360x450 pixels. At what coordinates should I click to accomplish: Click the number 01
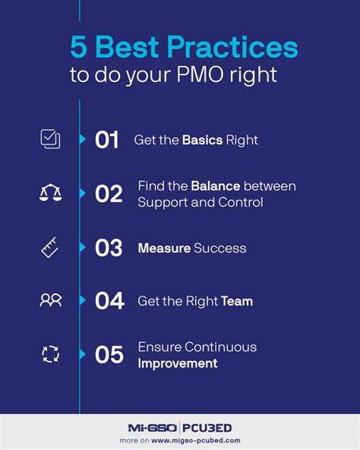(107, 140)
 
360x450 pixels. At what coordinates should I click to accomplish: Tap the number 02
(109, 194)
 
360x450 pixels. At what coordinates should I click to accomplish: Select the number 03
(109, 248)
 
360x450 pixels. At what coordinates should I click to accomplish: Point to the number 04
(109, 301)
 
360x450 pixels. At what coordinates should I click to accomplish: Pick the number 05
(109, 354)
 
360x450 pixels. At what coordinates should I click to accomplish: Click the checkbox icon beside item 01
(50, 140)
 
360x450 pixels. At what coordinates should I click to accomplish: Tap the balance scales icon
(50, 193)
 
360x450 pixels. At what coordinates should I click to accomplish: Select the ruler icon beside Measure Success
(50, 248)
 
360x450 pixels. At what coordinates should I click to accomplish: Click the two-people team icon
(50, 300)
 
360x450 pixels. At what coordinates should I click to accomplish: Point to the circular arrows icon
(50, 353)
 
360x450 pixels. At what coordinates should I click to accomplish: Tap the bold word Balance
(216, 185)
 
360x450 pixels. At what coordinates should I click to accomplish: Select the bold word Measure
(163, 248)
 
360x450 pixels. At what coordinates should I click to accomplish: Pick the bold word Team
(236, 301)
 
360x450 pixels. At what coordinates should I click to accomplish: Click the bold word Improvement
(177, 363)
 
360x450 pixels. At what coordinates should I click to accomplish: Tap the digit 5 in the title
(79, 48)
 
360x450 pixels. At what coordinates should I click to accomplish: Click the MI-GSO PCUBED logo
(180, 427)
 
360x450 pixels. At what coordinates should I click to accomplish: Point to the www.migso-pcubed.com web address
(201, 440)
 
